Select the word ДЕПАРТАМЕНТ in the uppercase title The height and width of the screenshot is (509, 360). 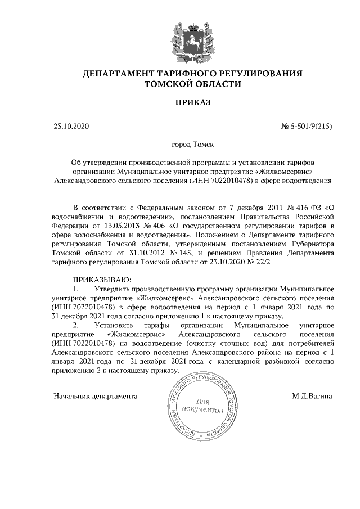(120, 74)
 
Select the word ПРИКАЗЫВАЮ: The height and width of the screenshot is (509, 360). (102, 280)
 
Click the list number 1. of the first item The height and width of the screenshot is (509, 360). (76, 289)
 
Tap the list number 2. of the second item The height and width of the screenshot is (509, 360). (76, 325)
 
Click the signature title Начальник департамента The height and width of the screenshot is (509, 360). (95, 395)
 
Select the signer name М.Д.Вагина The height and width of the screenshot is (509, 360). (312, 395)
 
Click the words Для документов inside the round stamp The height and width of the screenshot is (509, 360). (203, 406)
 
